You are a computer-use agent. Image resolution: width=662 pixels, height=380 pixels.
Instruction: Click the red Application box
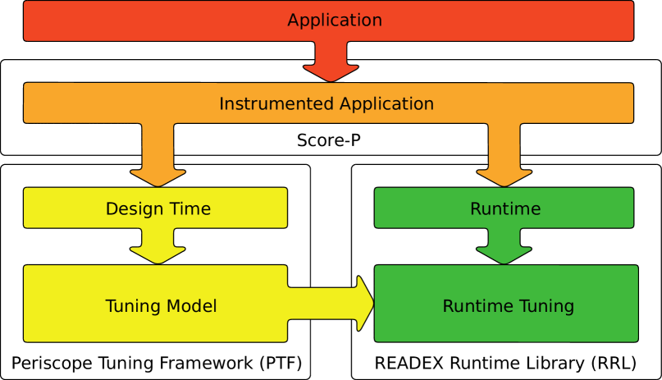328,21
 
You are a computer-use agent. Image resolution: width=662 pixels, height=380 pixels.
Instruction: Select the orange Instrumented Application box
328,103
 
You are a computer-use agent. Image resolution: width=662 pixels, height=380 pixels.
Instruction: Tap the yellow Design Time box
155,208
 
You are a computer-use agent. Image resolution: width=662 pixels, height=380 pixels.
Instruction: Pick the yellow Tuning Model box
155,304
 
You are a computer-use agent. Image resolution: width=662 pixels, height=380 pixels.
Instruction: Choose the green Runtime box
504,208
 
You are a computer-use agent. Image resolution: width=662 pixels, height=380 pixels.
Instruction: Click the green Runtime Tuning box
506,304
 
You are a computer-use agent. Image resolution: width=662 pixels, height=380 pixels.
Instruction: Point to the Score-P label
329,140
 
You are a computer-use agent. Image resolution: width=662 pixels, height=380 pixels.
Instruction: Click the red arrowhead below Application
331,72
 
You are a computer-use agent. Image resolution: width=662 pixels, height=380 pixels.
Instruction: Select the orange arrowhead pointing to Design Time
158,178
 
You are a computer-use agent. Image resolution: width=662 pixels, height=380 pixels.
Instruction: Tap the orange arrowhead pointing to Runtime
504,178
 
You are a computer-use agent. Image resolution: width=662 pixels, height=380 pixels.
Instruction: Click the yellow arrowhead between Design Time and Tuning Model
158,255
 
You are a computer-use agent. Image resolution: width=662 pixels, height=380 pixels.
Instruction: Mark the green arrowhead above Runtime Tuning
504,255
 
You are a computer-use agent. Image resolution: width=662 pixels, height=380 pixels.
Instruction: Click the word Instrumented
277,103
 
